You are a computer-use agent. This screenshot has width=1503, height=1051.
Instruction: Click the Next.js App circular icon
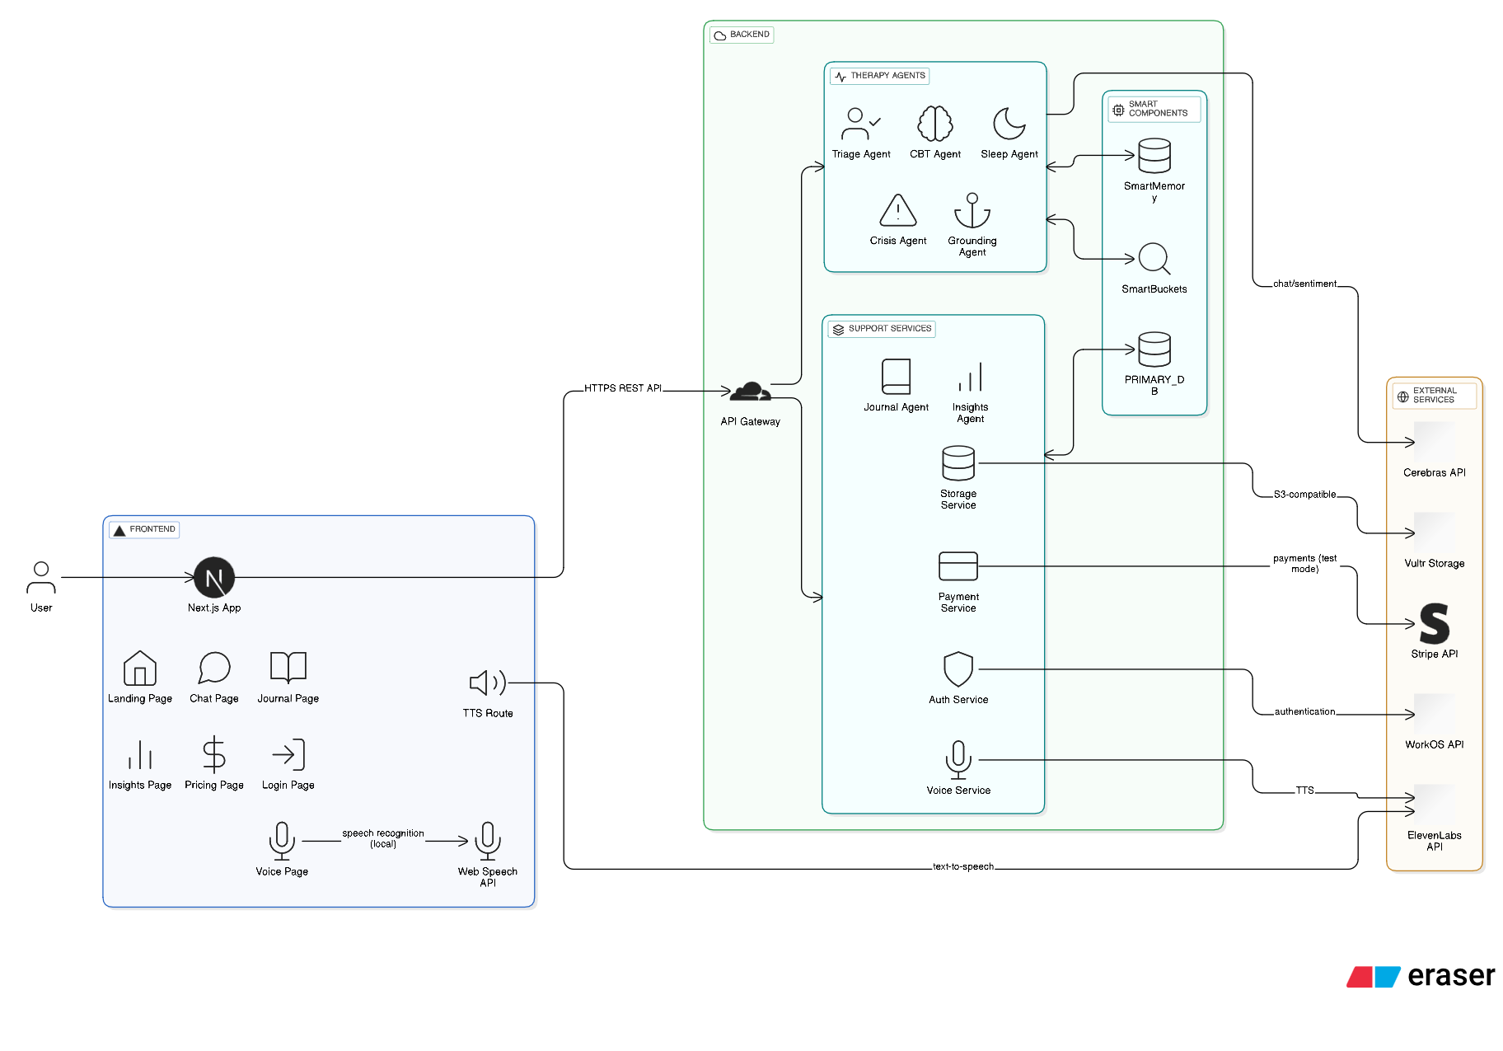214,578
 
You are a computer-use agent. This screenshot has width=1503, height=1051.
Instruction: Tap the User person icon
41,578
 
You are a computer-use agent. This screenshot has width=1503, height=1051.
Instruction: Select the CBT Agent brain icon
935,124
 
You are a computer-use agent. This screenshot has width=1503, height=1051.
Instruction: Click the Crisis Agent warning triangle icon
898,210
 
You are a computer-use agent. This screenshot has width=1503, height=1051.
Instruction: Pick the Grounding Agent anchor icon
972,210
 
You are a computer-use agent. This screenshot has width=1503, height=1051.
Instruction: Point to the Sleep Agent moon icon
1009,124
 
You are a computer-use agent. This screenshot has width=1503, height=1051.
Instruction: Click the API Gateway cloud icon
751,392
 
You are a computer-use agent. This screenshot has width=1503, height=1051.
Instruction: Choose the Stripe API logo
1435,624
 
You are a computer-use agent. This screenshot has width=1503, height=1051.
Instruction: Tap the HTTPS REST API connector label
623,388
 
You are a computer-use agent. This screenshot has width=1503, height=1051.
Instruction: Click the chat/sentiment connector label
1304,284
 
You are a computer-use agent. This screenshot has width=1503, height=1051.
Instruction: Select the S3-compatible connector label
1304,495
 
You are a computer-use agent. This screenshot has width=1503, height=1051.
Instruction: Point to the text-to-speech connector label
963,866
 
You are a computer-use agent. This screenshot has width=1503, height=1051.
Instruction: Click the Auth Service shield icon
958,669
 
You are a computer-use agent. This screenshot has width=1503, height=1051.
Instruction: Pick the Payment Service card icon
958,566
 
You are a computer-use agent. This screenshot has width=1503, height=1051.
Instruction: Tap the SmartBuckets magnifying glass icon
1154,259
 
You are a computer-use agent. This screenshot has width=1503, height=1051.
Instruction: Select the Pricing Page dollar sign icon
214,754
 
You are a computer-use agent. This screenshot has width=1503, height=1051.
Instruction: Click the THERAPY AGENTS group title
887,76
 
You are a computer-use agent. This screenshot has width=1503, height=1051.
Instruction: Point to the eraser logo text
1451,976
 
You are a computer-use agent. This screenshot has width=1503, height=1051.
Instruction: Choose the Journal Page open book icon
288,667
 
